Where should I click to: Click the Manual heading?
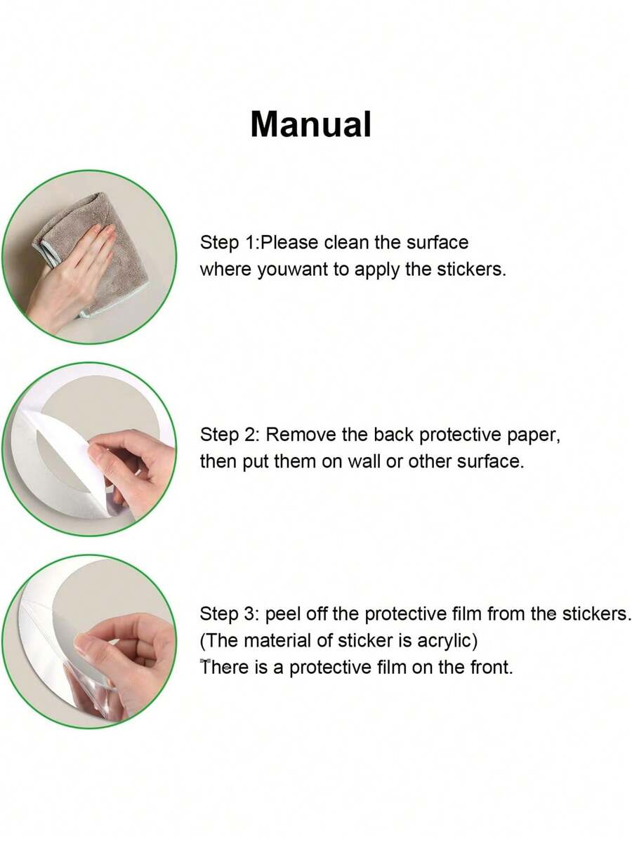pyautogui.click(x=310, y=124)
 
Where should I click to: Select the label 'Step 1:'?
pyautogui.click(x=230, y=243)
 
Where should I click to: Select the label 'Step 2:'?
pyautogui.click(x=230, y=435)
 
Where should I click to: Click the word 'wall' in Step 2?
pyautogui.click(x=364, y=461)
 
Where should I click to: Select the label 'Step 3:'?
pyautogui.click(x=230, y=614)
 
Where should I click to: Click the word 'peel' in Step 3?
pyautogui.click(x=282, y=615)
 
